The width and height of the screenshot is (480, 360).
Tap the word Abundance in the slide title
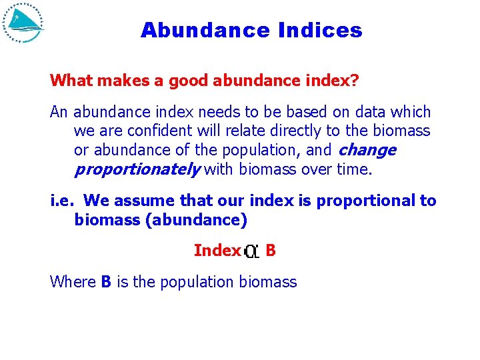click(x=203, y=31)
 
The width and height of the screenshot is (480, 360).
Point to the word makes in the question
click(x=121, y=81)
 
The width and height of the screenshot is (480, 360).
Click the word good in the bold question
click(x=189, y=81)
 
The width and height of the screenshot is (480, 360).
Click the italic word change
click(x=367, y=151)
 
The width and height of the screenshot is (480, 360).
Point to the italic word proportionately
click(x=137, y=169)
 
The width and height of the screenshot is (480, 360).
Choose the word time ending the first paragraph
click(x=353, y=169)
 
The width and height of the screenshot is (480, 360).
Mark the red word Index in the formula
click(x=217, y=251)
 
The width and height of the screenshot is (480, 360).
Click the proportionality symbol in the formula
click(x=252, y=251)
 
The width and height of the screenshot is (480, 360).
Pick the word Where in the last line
click(x=73, y=282)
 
